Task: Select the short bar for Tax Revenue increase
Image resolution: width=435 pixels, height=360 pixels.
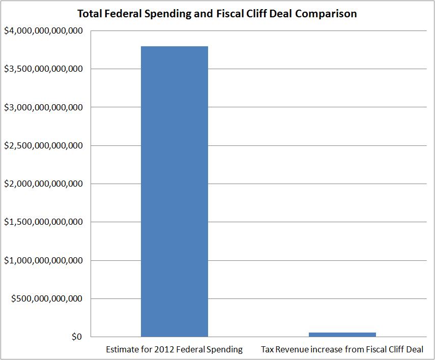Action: click(x=342, y=334)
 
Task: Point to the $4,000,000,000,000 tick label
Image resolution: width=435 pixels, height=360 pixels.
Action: click(x=43, y=31)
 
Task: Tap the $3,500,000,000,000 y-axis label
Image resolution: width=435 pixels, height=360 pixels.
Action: click(x=43, y=69)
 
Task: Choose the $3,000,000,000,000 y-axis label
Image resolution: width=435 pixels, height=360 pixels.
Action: click(x=43, y=107)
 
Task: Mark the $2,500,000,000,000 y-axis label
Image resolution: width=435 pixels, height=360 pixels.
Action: click(x=43, y=145)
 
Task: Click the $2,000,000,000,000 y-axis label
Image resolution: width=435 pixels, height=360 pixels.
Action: click(x=43, y=184)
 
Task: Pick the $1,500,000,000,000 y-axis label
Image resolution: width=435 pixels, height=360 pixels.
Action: click(x=43, y=222)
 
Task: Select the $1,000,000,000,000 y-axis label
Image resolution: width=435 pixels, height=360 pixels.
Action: click(x=43, y=260)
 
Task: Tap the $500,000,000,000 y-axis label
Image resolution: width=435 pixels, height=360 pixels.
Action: click(x=47, y=298)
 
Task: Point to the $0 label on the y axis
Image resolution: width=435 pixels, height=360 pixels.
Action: click(x=77, y=337)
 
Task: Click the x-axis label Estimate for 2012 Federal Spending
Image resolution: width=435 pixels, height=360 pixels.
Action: click(x=174, y=350)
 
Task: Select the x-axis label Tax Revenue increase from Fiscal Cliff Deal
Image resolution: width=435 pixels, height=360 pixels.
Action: click(x=342, y=350)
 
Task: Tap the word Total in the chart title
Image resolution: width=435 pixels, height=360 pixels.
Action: click(x=89, y=14)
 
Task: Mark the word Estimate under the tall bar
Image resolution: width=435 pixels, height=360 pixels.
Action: click(x=121, y=350)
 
